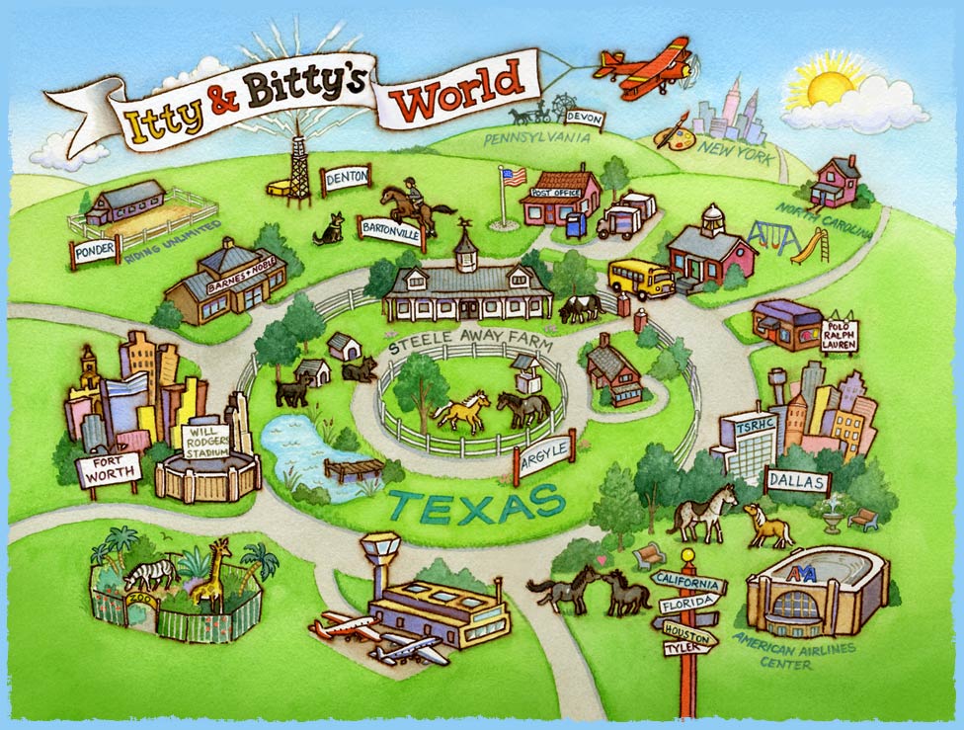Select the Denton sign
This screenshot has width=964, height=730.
pyautogui.click(x=346, y=178)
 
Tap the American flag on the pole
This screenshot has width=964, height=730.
pyautogui.click(x=512, y=178)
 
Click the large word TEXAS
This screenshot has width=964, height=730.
pyautogui.click(x=475, y=504)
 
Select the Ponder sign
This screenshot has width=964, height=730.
pyautogui.click(x=94, y=251)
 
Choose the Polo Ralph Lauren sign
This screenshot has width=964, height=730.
pyautogui.click(x=839, y=335)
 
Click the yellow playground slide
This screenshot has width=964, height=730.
pyautogui.click(x=810, y=246)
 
